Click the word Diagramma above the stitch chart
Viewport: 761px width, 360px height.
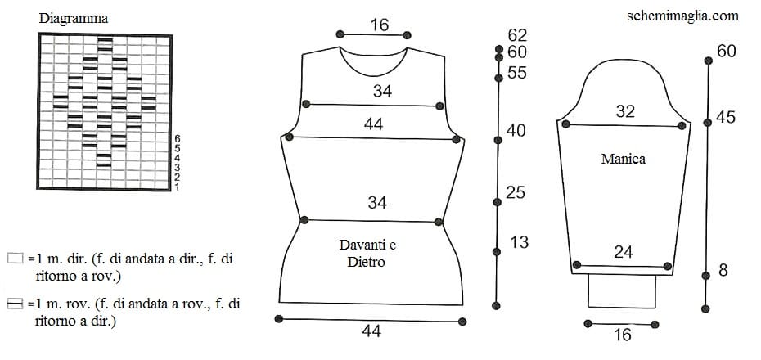coord(74,19)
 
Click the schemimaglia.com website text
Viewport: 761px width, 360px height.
coord(683,16)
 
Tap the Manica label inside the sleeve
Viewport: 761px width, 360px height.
coord(624,159)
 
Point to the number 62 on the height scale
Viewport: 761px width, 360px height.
coord(517,35)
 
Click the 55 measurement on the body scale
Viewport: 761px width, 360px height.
coord(517,73)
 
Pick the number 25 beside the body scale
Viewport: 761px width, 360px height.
coord(516,192)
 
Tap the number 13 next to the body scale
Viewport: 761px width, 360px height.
coord(520,242)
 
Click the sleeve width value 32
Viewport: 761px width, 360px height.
coord(625,111)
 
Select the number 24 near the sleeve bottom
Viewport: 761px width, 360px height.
coord(624,252)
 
